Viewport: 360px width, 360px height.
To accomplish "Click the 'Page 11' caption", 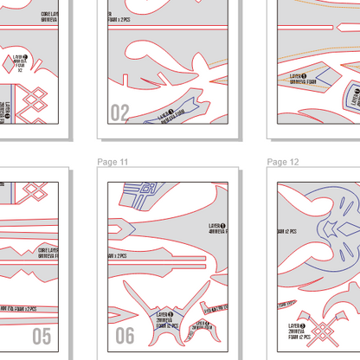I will point(112,162).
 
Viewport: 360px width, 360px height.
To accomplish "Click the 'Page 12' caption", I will point(283,162).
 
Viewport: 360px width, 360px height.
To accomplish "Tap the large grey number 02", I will point(119,112).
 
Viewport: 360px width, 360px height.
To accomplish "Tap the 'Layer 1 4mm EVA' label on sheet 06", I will point(217,232).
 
